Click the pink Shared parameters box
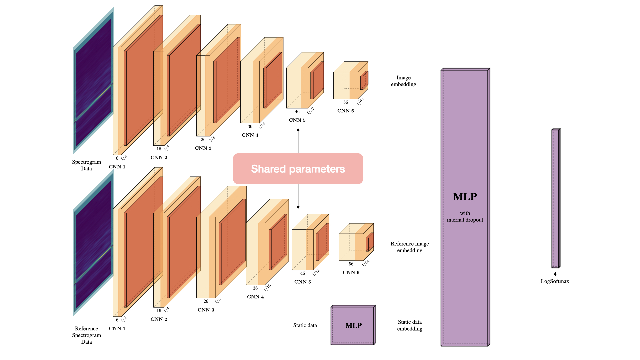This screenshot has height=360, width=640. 298,169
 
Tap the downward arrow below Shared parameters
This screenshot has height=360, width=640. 298,197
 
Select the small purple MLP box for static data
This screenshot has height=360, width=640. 353,325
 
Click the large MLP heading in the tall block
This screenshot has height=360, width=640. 465,197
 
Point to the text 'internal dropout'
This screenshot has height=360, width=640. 465,220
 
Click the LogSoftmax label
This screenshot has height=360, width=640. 555,281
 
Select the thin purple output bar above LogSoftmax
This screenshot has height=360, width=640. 555,198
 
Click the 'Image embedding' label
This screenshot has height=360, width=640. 403,81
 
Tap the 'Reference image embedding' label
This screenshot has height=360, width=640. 410,247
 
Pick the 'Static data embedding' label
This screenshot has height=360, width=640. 410,325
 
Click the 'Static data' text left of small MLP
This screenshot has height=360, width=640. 305,325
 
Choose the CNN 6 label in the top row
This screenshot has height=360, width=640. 346,111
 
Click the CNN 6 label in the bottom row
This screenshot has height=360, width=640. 351,272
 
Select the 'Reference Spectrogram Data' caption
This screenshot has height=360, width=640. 86,335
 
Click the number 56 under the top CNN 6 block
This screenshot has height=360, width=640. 346,102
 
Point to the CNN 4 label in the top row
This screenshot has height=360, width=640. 250,135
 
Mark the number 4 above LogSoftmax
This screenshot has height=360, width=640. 555,274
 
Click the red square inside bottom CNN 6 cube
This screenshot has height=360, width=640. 369,242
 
